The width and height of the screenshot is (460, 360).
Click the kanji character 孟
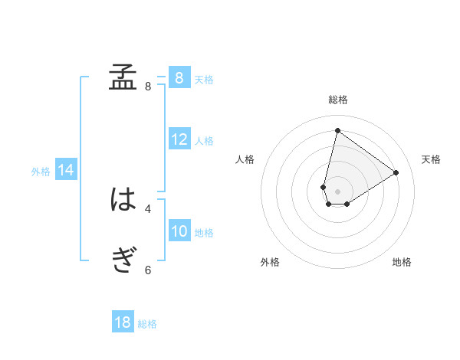click(123, 77)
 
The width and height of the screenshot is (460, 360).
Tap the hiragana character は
click(123, 200)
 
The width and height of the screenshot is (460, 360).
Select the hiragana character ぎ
click(123, 261)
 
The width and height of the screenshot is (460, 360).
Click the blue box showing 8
click(179, 78)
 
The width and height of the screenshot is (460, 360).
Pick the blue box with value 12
click(179, 140)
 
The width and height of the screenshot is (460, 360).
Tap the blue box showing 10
click(179, 232)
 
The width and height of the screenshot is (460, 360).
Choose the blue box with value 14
click(66, 170)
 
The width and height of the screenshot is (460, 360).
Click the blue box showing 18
click(123, 322)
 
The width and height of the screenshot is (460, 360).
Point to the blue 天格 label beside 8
click(204, 79)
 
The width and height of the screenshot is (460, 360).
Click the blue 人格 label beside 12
click(204, 141)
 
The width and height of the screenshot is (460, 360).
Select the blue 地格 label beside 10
click(204, 233)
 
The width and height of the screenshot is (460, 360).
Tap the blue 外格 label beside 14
click(41, 172)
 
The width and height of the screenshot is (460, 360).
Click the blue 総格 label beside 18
click(147, 324)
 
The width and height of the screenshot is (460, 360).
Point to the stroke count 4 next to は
click(148, 208)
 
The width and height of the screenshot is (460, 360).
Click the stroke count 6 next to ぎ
click(148, 270)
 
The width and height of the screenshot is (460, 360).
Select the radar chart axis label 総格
click(337, 100)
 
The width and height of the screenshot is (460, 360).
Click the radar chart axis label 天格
click(431, 159)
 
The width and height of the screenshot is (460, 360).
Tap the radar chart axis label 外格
click(270, 263)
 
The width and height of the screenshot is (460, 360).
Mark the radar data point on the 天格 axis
click(396, 172)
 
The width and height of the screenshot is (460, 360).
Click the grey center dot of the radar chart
click(337, 191)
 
